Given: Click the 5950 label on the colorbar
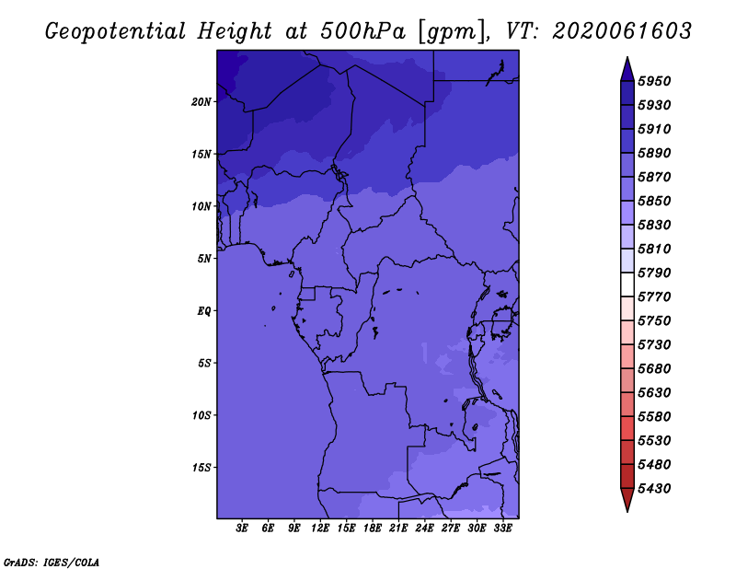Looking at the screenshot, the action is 654,81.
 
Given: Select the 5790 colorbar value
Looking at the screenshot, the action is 654,273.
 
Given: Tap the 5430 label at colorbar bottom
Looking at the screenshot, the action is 654,489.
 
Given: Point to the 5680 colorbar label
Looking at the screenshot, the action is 654,369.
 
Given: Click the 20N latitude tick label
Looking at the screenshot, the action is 201,102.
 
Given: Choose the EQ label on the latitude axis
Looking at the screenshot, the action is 204,311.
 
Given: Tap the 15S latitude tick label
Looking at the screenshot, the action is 201,468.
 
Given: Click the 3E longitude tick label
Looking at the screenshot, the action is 242,528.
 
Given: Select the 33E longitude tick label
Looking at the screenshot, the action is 502,528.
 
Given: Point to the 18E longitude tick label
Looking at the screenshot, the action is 373,528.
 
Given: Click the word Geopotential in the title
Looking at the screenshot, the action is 116,32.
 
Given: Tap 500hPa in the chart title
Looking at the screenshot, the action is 362,31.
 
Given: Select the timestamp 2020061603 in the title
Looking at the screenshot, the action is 622,31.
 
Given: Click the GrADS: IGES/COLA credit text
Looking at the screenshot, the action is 52,563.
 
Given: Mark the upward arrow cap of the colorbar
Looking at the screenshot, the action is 627,69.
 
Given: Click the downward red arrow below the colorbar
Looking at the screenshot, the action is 627,500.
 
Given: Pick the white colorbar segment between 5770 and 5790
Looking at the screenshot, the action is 627,284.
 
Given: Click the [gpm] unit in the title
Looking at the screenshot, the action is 453,32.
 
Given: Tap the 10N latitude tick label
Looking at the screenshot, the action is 201,206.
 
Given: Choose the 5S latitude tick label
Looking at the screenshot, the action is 204,363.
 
